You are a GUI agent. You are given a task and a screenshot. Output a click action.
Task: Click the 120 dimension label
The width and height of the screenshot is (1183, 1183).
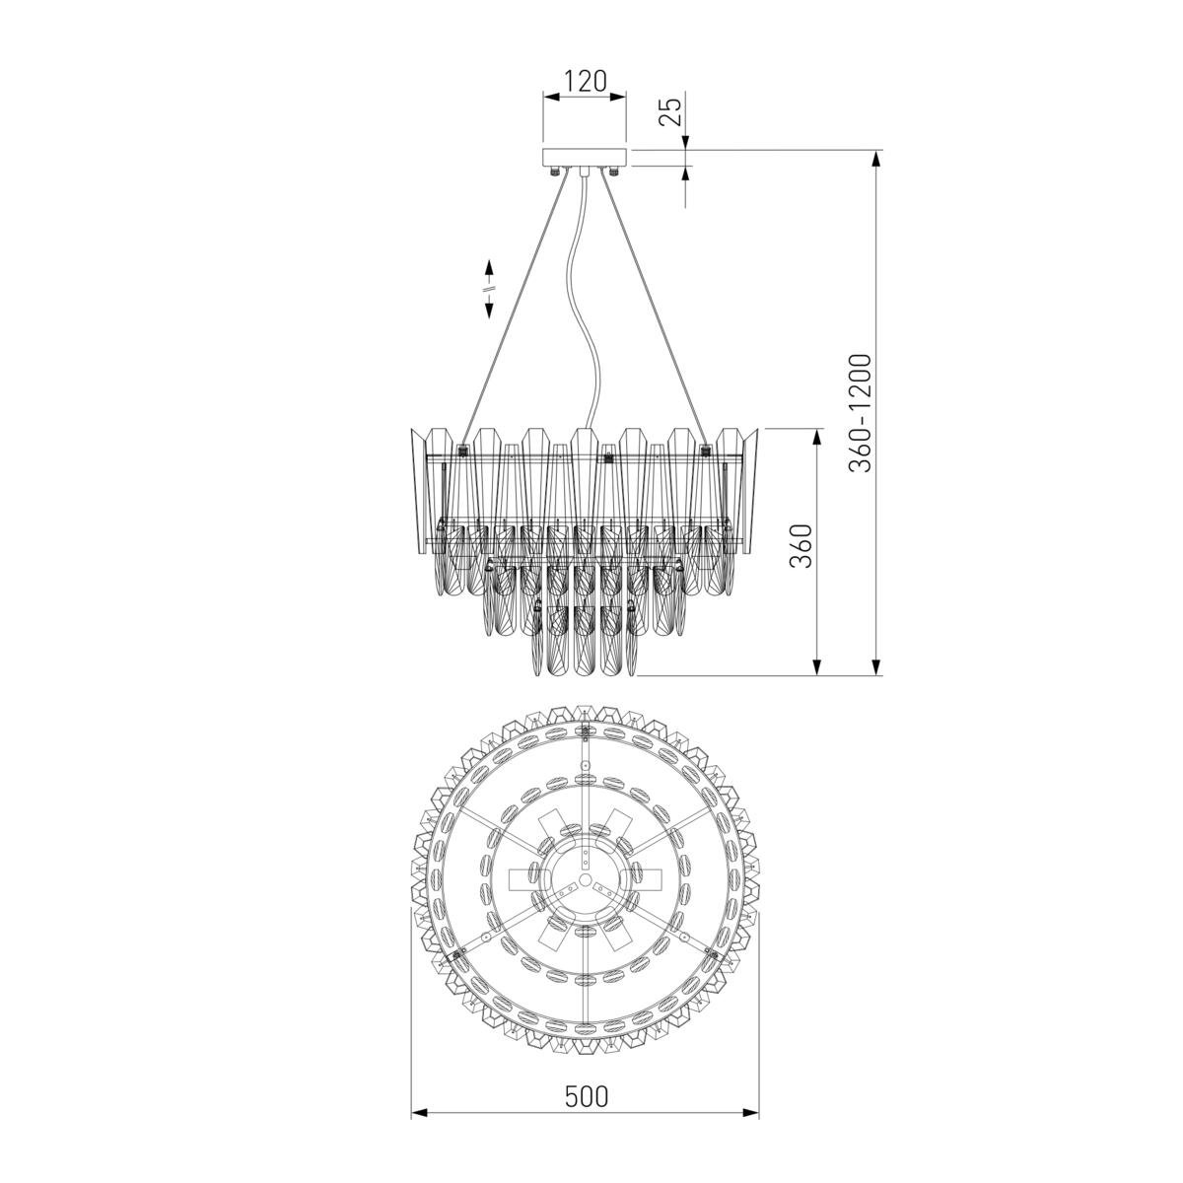pos(585,81)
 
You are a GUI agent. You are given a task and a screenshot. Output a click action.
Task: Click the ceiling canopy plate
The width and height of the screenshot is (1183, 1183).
pos(585,157)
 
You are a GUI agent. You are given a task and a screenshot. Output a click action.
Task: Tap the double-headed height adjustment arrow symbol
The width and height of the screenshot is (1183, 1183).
pos(489,289)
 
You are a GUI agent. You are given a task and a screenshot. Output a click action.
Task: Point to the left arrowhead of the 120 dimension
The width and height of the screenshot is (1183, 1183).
pos(551,97)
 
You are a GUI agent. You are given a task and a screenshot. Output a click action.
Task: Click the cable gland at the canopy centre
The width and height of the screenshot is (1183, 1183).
pos(585,172)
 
